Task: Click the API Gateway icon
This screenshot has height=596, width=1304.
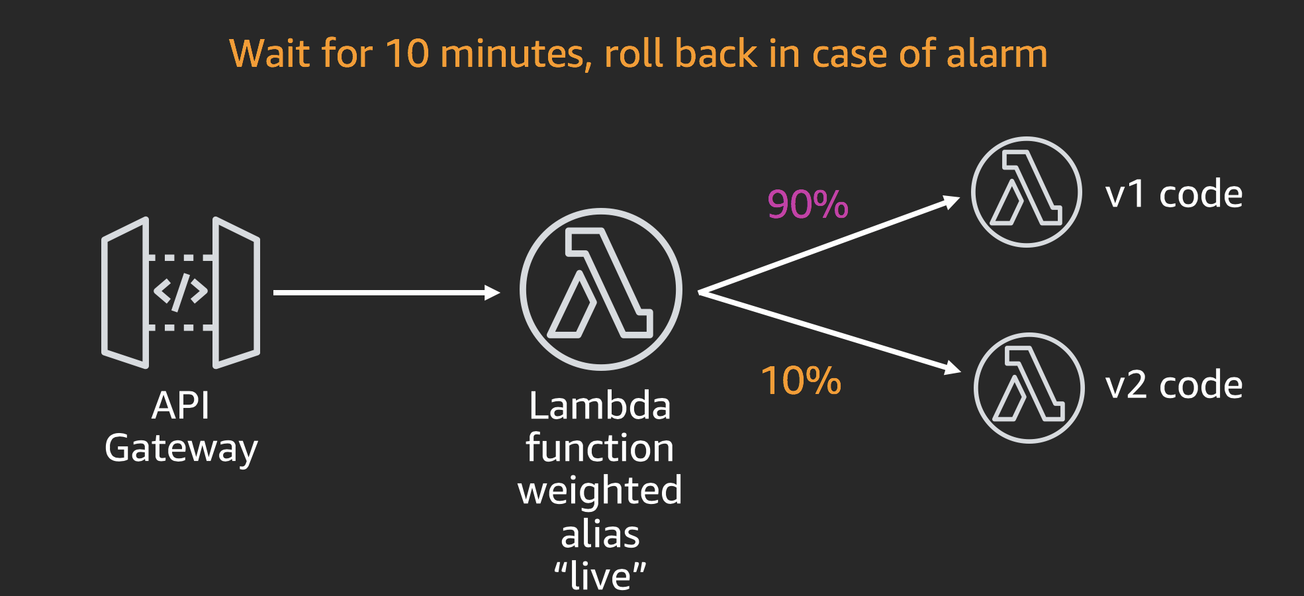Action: pos(180,292)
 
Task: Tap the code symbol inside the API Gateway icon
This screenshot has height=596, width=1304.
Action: pos(180,292)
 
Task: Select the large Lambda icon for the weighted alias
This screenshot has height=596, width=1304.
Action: pos(600,289)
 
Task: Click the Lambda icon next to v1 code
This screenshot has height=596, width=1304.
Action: pos(1026,192)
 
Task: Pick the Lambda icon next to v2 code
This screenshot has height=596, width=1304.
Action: pos(1029,387)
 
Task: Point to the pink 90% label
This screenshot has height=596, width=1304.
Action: pos(808,204)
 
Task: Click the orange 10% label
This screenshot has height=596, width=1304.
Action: pos(801,381)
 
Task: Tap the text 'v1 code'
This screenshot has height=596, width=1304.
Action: pos(1174,195)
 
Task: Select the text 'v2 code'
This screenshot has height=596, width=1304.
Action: pos(1174,385)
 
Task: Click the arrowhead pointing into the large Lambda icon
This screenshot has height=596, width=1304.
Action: pos(492,292)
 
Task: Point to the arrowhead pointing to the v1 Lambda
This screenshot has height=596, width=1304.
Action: pos(952,201)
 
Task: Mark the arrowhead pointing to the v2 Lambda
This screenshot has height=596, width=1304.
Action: pos(953,368)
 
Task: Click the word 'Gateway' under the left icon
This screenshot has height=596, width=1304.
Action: pos(181,449)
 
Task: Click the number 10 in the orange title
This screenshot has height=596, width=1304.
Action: pos(406,54)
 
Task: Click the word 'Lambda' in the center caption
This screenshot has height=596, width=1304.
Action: pos(600,406)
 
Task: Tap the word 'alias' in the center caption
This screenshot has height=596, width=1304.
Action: pos(600,534)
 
